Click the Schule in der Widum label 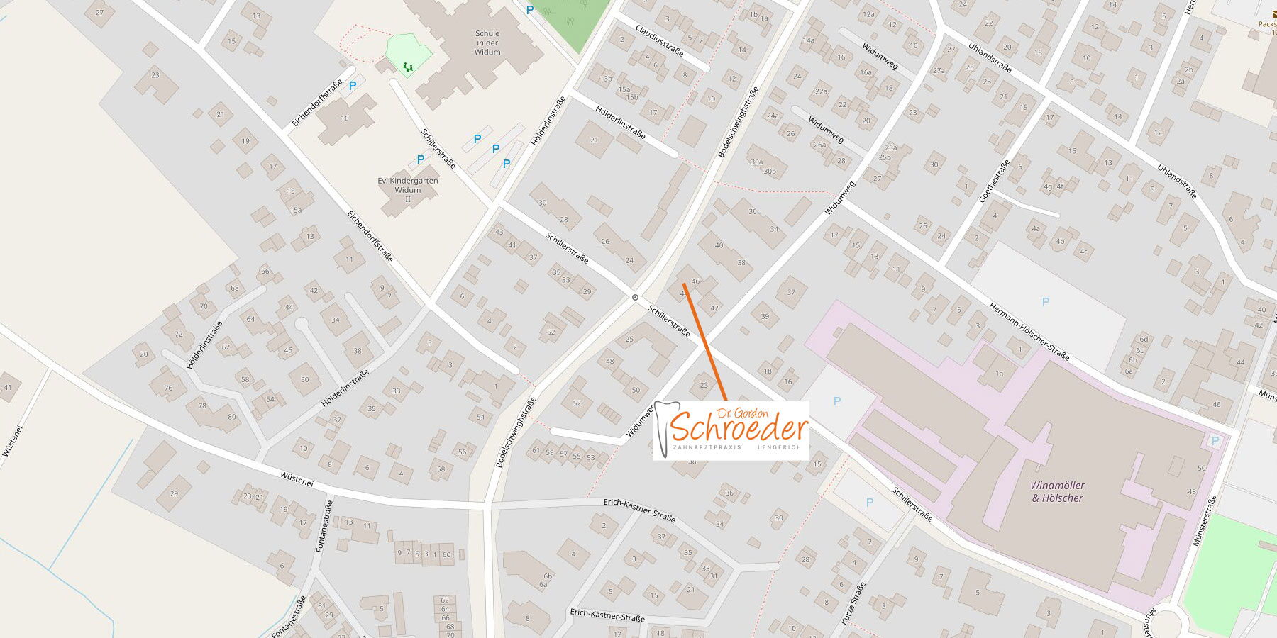tap(487, 43)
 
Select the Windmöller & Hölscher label tap(1057, 492)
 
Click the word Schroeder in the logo tap(739, 427)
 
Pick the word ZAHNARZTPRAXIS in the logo tap(707, 448)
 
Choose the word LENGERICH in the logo tap(779, 448)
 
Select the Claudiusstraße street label tap(659, 41)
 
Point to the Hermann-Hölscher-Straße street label tap(1029, 331)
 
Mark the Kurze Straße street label tap(853, 603)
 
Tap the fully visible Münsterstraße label tap(1205, 520)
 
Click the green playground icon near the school tap(408, 67)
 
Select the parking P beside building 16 tap(352, 86)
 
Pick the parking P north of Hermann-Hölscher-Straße tap(1045, 302)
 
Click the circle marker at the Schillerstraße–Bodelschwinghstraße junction tap(635, 298)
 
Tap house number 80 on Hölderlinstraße tap(231, 417)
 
